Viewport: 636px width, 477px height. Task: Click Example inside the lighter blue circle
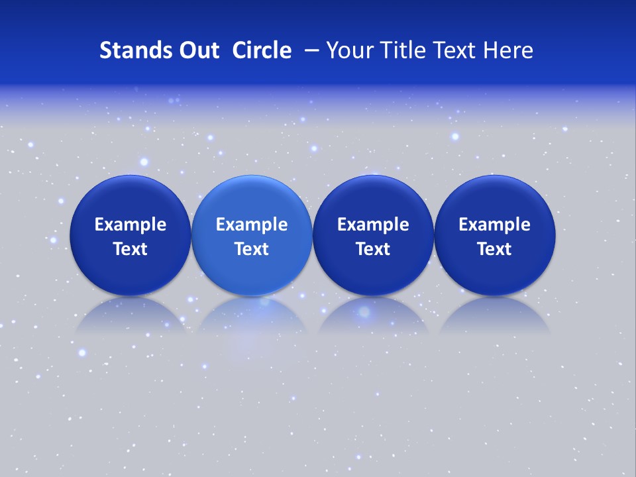252,225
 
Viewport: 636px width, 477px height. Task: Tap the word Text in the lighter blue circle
252,249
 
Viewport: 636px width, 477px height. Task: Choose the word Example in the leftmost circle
130,225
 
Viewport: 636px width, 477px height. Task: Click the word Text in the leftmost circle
130,249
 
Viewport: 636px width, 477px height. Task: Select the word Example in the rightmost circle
494,225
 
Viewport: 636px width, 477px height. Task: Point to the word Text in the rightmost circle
494,249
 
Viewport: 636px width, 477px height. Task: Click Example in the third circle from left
373,225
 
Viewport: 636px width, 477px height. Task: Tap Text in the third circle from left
373,249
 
